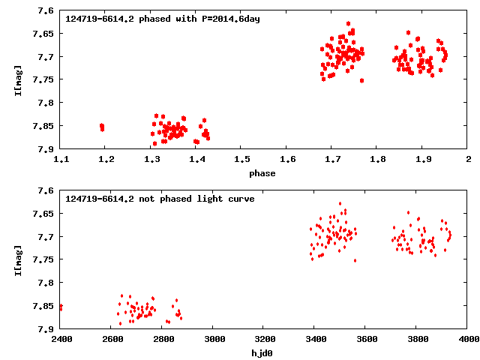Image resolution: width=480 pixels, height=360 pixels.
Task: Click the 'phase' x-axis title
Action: [x=262, y=173]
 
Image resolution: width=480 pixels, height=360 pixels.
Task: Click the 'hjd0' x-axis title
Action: [x=262, y=353]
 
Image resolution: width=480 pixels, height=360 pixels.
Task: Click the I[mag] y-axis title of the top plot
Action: [x=17, y=79]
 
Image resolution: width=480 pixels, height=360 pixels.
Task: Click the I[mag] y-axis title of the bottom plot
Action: [x=17, y=259]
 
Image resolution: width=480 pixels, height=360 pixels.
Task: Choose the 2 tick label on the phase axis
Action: [x=468, y=160]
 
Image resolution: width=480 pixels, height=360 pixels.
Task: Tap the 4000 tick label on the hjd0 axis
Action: [x=468, y=340]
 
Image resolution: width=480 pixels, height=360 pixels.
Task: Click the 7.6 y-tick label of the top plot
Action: [x=46, y=11]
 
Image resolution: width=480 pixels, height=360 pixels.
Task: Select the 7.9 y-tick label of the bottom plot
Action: [x=46, y=328]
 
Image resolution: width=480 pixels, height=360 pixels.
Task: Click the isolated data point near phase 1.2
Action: [x=102, y=127]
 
